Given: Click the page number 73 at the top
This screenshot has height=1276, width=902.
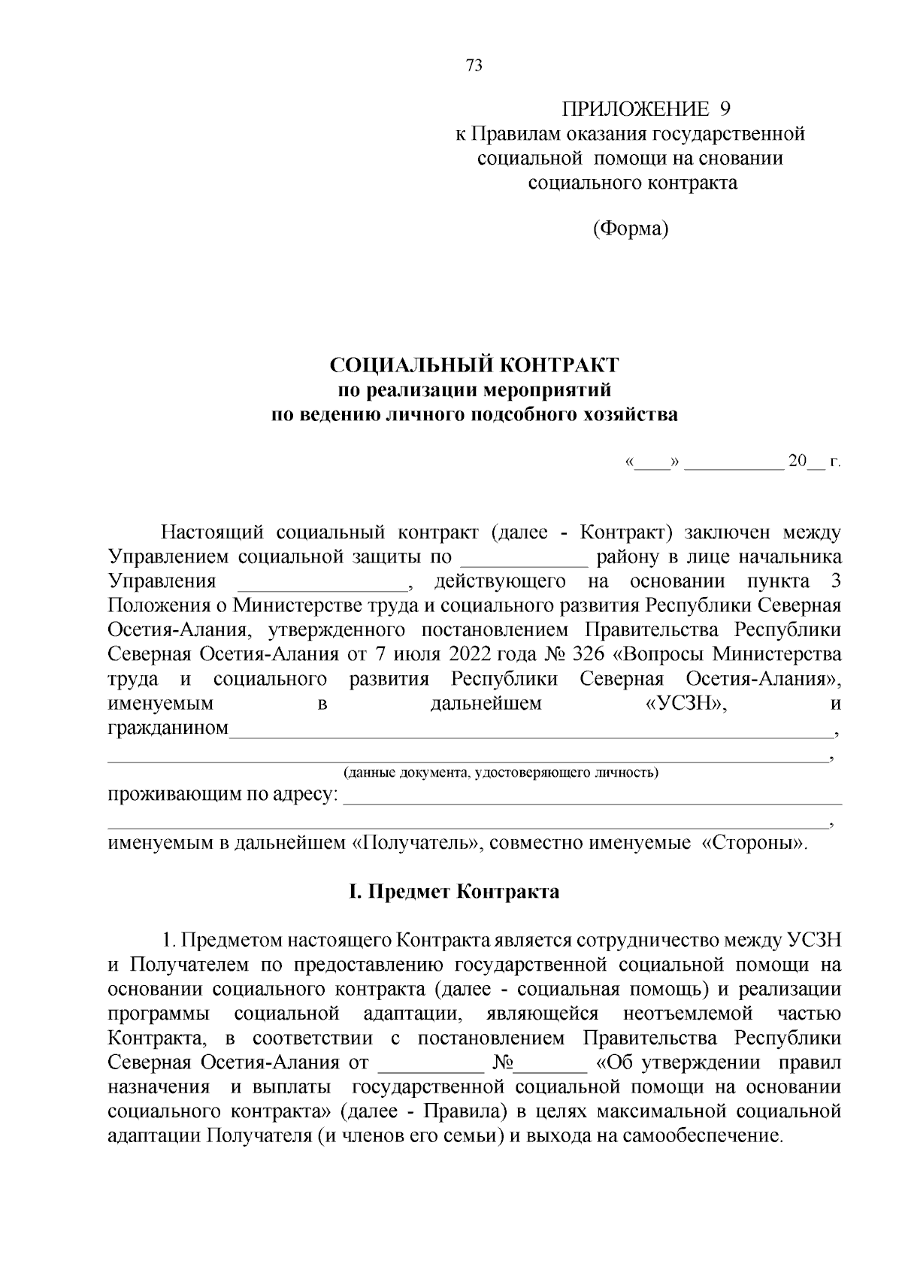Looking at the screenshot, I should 474,65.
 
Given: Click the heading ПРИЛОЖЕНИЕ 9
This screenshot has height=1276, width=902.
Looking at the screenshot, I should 646,110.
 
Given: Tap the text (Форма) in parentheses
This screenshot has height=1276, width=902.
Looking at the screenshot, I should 630,228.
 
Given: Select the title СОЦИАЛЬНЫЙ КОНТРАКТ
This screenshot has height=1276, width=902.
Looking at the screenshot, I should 474,365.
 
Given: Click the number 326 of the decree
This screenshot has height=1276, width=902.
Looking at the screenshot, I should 589,654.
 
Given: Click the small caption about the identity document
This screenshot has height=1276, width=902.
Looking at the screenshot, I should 501,772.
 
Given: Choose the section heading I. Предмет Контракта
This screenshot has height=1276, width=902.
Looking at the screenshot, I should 453,892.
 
